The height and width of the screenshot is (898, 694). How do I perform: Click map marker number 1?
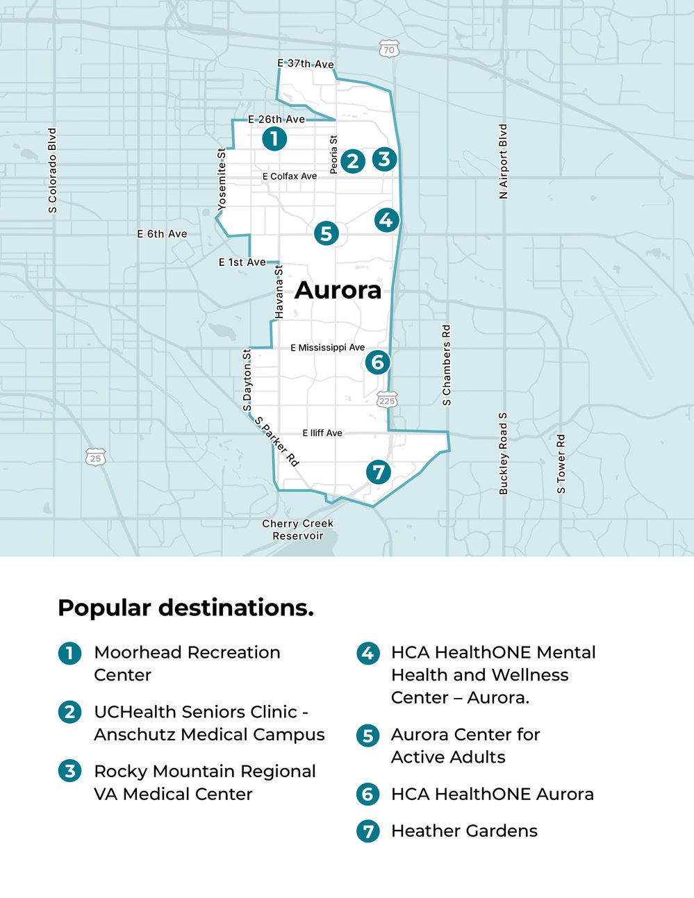(x=274, y=139)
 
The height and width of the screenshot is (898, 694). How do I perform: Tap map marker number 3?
(x=384, y=159)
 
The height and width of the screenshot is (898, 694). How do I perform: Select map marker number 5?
(x=327, y=233)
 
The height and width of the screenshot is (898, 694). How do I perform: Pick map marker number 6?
(x=377, y=362)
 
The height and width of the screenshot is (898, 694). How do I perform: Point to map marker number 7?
(x=379, y=472)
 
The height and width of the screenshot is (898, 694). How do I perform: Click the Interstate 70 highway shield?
(x=389, y=49)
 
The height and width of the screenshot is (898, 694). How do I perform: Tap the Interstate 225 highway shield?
(x=387, y=400)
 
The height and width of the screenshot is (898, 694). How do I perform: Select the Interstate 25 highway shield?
(x=96, y=458)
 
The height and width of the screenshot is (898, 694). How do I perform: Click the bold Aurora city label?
(x=338, y=290)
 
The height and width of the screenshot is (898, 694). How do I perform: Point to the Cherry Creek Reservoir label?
(x=298, y=529)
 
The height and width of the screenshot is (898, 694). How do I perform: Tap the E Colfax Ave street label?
(x=290, y=176)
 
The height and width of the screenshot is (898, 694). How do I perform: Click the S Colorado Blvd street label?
(x=53, y=170)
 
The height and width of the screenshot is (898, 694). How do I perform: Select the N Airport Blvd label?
(x=504, y=162)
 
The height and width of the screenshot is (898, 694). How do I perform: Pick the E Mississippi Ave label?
(x=327, y=347)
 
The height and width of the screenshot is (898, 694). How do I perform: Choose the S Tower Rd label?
(x=561, y=464)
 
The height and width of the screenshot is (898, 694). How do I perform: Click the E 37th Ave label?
(x=306, y=64)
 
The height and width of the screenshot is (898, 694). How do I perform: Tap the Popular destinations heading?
(x=185, y=608)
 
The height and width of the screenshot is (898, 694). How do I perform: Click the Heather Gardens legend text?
(x=464, y=831)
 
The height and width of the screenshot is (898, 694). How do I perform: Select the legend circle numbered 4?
(x=368, y=654)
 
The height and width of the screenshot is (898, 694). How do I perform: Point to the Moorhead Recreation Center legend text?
(x=187, y=663)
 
